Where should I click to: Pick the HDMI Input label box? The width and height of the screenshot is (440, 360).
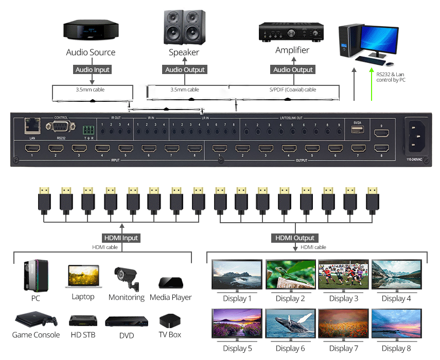(x=121, y=238)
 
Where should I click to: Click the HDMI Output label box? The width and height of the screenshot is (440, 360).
(x=295, y=238)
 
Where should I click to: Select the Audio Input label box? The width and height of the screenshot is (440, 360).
(x=93, y=69)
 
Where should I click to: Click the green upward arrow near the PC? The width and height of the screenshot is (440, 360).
(x=371, y=85)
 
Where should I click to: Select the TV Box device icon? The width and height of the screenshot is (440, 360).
(x=169, y=321)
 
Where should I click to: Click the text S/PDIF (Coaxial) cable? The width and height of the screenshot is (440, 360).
(x=293, y=89)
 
